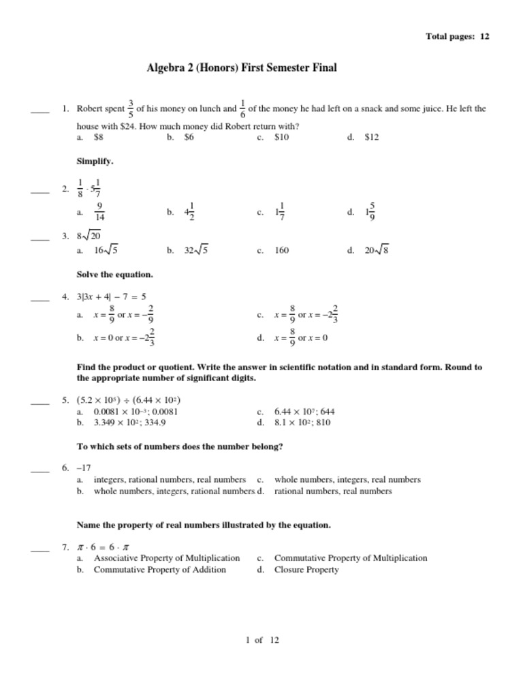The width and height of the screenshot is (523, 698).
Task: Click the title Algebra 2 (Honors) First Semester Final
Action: [242, 68]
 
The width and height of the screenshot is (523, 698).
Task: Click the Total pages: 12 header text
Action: [457, 36]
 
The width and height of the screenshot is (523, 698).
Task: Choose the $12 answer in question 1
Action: [372, 137]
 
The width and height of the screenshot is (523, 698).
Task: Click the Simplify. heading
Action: [95, 162]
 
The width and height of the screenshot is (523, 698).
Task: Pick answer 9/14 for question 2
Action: [99, 212]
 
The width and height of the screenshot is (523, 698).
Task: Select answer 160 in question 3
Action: [281, 250]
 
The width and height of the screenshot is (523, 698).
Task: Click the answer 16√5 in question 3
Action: [106, 250]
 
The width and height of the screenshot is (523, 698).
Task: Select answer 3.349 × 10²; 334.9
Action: [130, 422]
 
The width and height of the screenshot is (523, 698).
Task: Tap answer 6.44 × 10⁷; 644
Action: [304, 412]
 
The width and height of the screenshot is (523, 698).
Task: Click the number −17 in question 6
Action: [84, 468]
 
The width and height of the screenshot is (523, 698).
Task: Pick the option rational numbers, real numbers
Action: [333, 491]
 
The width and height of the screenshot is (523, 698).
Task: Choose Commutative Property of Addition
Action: [160, 569]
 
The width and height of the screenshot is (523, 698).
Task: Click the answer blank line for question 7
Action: [40, 550]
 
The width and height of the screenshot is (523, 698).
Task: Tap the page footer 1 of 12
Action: [262, 640]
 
